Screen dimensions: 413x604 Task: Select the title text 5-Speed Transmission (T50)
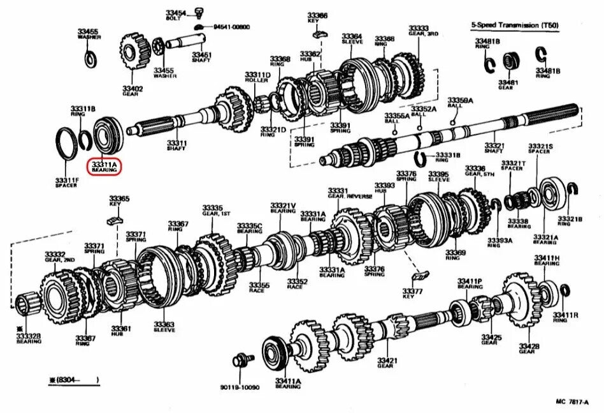514,25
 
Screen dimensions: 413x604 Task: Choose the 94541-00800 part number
231,27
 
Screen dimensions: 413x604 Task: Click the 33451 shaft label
202,57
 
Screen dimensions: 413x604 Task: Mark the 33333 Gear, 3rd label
419,31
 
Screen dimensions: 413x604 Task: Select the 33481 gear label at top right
508,86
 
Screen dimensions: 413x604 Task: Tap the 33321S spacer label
540,149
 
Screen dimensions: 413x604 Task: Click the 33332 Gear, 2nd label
55,258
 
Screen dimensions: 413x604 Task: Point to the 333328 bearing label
29,338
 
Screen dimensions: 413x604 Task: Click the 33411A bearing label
288,384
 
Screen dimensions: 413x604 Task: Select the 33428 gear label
528,349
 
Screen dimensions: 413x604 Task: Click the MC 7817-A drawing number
573,402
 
